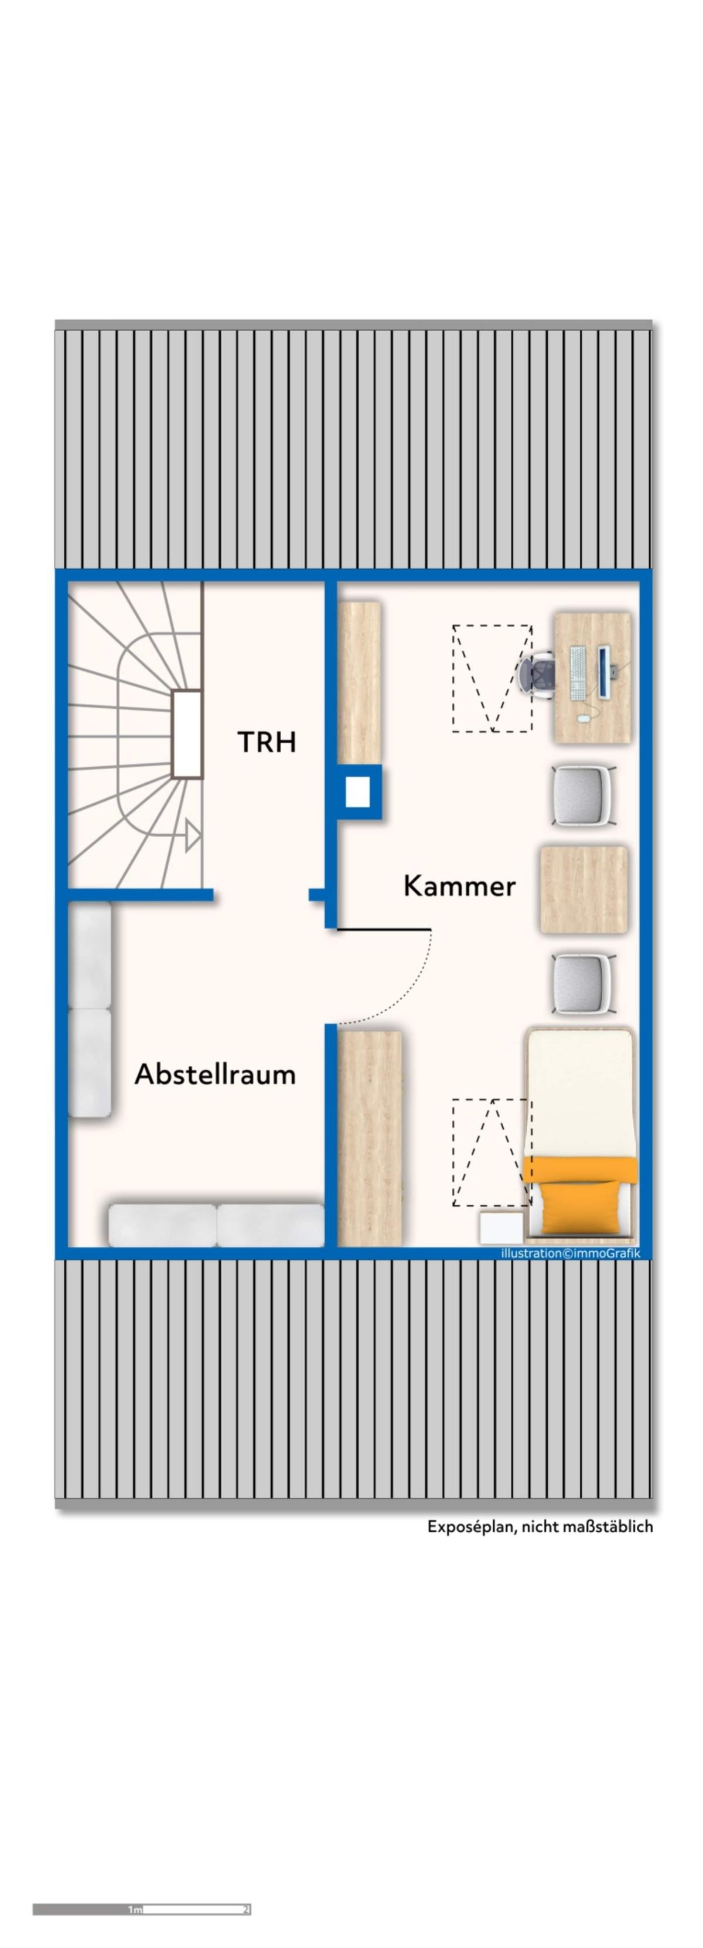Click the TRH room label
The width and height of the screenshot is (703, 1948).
[x=267, y=742]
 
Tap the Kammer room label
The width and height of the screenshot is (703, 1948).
[x=460, y=886]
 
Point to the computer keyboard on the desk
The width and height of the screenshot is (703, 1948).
[x=578, y=672]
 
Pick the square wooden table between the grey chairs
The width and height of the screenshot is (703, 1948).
[x=584, y=889]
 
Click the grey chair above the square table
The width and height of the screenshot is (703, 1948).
[x=583, y=796]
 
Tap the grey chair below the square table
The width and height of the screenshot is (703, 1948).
[x=583, y=985]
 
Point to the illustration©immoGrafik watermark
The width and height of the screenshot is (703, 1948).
[x=571, y=1253]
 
